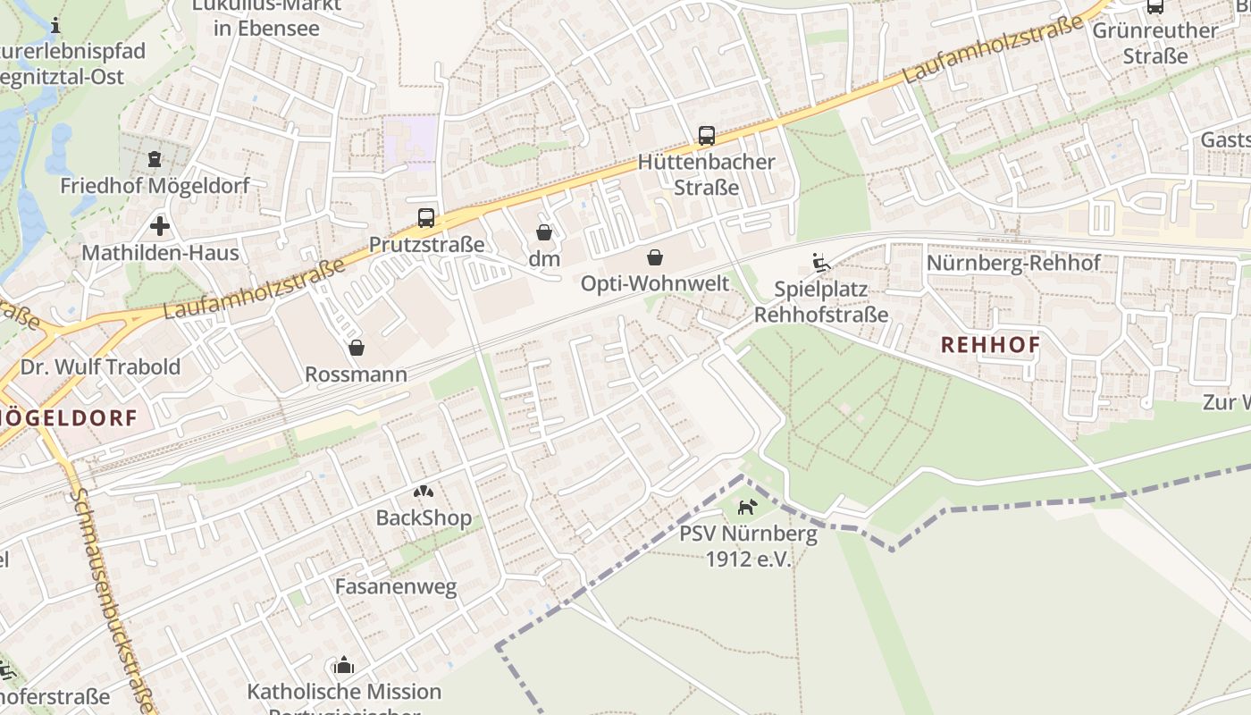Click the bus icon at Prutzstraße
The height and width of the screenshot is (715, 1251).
[x=426, y=218]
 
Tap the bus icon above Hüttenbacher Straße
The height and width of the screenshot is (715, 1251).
[x=707, y=136]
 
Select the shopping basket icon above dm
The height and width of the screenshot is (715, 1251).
[x=544, y=233]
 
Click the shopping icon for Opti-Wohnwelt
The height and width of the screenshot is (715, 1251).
[x=655, y=258]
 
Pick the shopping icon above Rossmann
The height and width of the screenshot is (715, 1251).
[x=356, y=348]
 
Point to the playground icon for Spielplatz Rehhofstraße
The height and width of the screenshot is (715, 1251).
[x=820, y=263]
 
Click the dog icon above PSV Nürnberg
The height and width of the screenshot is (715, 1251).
[x=747, y=508]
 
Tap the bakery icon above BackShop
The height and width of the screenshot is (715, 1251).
[x=423, y=492]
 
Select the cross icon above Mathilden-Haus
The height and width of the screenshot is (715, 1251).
[x=160, y=226]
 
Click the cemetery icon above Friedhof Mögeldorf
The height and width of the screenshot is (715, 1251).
[x=155, y=160]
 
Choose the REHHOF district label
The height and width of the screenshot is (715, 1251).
[x=990, y=345]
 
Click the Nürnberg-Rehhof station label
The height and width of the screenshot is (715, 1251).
[x=1013, y=264]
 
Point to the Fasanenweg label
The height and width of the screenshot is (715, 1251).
[x=395, y=587]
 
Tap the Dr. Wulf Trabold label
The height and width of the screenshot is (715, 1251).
[x=100, y=366]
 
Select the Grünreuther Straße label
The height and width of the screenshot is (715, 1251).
[x=1154, y=43]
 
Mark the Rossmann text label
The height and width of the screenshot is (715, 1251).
[x=356, y=374]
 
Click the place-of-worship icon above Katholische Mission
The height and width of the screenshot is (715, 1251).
[x=344, y=666]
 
